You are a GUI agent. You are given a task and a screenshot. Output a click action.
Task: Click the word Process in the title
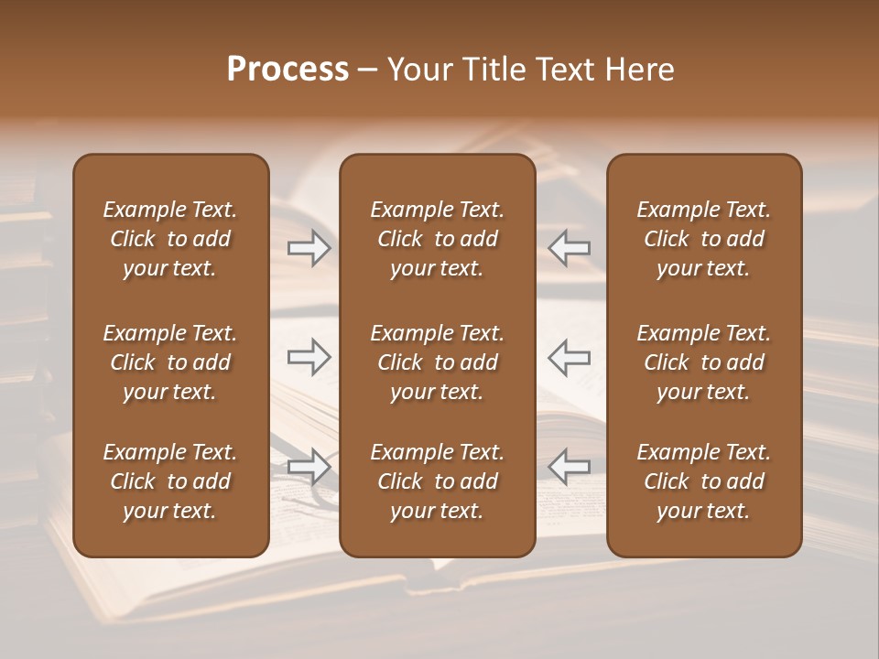pyautogui.click(x=288, y=70)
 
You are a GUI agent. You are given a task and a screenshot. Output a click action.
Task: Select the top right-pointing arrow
pyautogui.click(x=309, y=248)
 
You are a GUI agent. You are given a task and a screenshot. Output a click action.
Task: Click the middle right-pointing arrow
pyautogui.click(x=309, y=356)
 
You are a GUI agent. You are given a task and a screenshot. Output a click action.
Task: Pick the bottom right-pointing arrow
pyautogui.click(x=309, y=467)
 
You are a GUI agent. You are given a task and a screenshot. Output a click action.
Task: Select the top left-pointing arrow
pyautogui.click(x=570, y=248)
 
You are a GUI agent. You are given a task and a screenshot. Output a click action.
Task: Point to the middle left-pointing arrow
pyautogui.click(x=570, y=356)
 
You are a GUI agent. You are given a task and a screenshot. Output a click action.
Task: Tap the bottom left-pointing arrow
pyautogui.click(x=570, y=467)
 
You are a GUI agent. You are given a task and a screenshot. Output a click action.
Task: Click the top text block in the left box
pyautogui.click(x=170, y=239)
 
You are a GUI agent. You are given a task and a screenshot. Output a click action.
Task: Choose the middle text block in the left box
pyautogui.click(x=170, y=362)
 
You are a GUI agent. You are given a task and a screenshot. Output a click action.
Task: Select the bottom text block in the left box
pyautogui.click(x=170, y=481)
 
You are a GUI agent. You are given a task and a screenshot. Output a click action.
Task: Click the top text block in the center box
pyautogui.click(x=438, y=239)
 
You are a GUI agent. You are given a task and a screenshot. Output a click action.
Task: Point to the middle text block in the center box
pyautogui.click(x=438, y=362)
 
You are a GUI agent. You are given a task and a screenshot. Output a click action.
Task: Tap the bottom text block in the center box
pyautogui.click(x=438, y=481)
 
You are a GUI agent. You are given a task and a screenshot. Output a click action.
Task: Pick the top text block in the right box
pyautogui.click(x=704, y=239)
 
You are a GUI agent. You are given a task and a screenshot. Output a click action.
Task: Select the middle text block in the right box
pyautogui.click(x=704, y=362)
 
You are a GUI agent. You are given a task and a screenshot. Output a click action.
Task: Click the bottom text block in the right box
pyautogui.click(x=704, y=481)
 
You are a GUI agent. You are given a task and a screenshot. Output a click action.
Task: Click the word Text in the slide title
pyautogui.click(x=561, y=70)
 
